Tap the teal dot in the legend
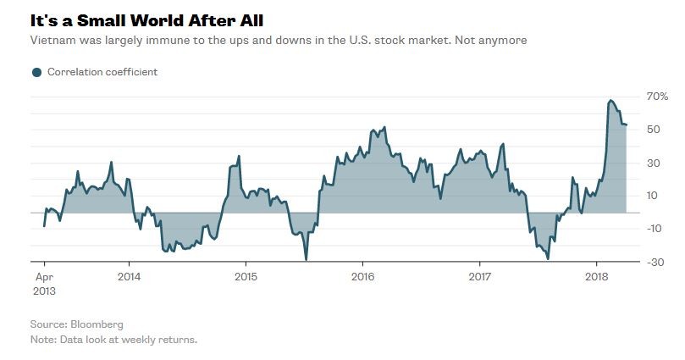click(x=36, y=72)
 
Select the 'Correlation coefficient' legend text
click(x=102, y=72)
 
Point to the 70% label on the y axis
click(x=657, y=97)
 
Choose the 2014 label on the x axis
click(x=129, y=276)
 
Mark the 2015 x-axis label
click(x=246, y=276)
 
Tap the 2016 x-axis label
click(x=362, y=276)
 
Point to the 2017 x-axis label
click(x=479, y=276)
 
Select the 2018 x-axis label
click(x=597, y=276)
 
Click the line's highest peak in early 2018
click(x=610, y=101)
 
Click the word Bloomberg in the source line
click(x=99, y=324)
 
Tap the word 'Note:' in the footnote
click(x=44, y=340)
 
